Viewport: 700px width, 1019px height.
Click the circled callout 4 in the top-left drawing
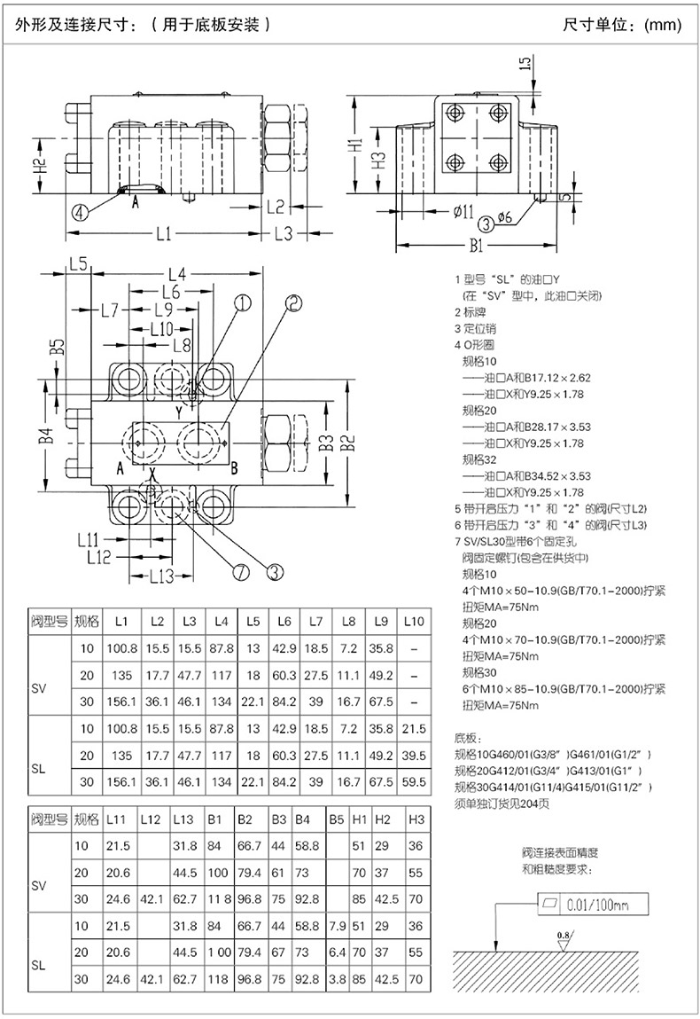pos(80,211)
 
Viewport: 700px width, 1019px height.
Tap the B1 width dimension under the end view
pos(477,245)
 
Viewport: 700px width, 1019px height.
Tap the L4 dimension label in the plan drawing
pos(177,274)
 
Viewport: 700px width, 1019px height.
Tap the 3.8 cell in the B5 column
pos(338,979)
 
